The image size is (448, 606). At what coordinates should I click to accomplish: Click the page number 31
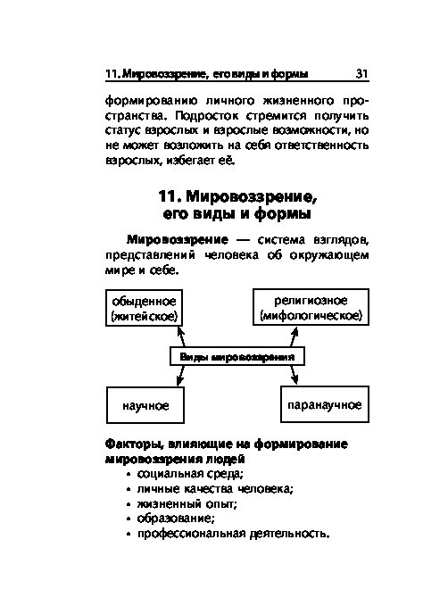pyautogui.click(x=361, y=73)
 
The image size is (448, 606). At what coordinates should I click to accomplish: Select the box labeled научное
pyautogui.click(x=145, y=405)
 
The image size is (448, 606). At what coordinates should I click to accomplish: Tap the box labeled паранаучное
pyautogui.click(x=325, y=404)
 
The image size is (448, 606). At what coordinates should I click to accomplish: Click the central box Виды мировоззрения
pyautogui.click(x=237, y=356)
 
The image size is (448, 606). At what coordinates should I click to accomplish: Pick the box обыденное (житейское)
pyautogui.click(x=144, y=308)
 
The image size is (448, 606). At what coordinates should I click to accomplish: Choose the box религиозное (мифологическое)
pyautogui.click(x=311, y=307)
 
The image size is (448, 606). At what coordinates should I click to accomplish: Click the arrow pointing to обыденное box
pyautogui.click(x=181, y=336)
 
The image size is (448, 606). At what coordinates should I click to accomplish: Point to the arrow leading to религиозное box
pyautogui.click(x=294, y=336)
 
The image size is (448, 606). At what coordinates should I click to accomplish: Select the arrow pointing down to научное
pyautogui.click(x=180, y=376)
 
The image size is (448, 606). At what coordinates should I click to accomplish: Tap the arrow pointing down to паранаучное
pyautogui.click(x=295, y=375)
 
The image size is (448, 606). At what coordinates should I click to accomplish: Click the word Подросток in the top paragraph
pyautogui.click(x=206, y=116)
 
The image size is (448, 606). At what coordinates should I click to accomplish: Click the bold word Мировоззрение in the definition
pyautogui.click(x=178, y=239)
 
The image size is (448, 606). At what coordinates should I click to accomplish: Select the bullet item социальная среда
pyautogui.click(x=190, y=474)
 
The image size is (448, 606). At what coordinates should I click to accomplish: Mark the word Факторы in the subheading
pyautogui.click(x=135, y=444)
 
